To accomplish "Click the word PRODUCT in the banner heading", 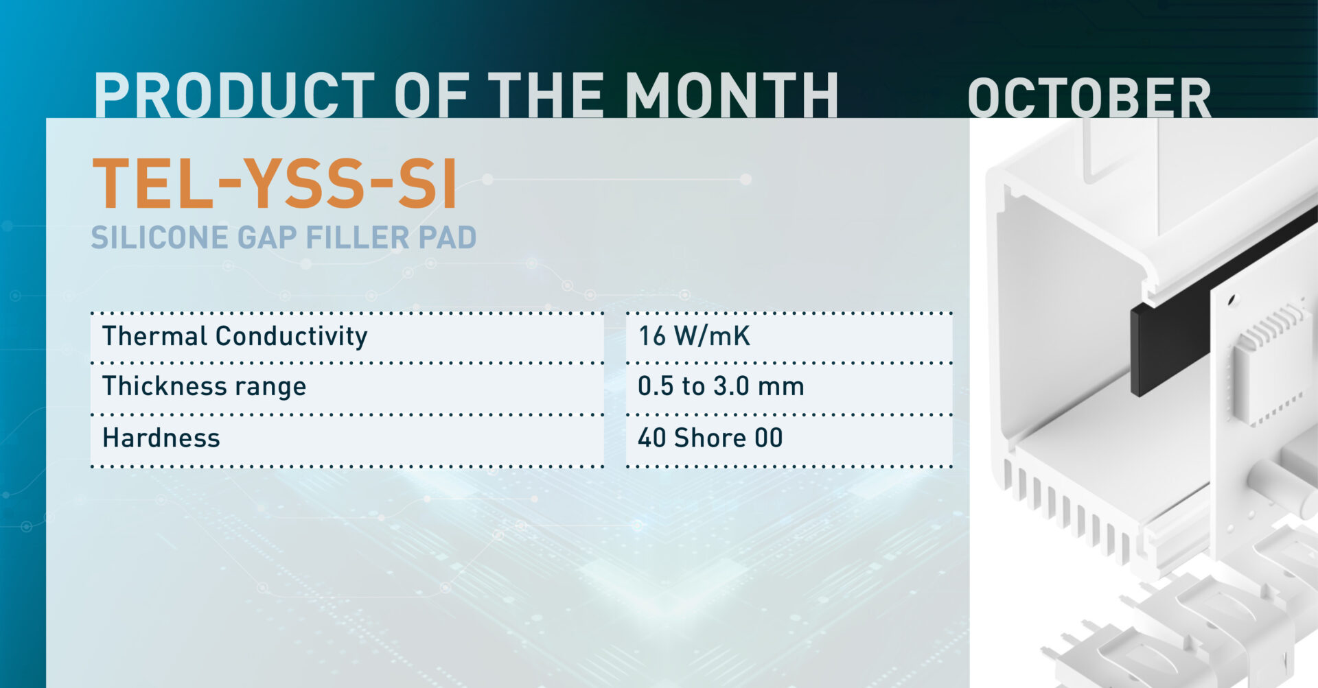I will (233, 96).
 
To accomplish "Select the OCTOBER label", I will (1089, 99).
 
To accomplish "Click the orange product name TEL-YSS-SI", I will (275, 184).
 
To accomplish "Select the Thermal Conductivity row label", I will (235, 336).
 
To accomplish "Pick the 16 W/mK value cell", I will (694, 336).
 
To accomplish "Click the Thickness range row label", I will (204, 387).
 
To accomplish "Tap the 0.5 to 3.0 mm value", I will (720, 387).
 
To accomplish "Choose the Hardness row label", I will (161, 438).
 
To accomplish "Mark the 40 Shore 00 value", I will (710, 438).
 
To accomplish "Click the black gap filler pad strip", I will (1167, 336).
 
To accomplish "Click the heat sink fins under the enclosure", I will (1071, 508).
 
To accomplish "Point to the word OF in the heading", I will (431, 96).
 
